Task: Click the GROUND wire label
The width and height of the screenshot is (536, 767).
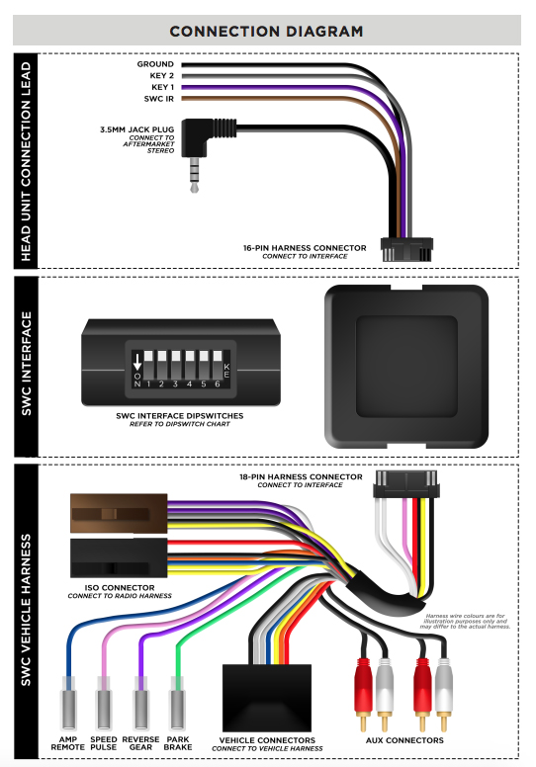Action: click(x=155, y=64)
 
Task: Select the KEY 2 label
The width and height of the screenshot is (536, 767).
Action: click(x=161, y=76)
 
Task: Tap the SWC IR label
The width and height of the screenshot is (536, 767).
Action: click(x=158, y=99)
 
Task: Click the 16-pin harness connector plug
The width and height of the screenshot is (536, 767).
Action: click(x=406, y=249)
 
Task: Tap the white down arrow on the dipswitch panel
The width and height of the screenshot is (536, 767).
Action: click(x=137, y=362)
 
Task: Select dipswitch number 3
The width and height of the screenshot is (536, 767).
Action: click(x=176, y=364)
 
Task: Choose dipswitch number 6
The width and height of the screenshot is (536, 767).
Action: click(x=218, y=364)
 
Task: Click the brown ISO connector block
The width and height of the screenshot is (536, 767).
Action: click(x=119, y=513)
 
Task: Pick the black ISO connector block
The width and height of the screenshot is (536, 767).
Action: click(x=119, y=558)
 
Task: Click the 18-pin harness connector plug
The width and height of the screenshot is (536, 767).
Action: click(x=405, y=484)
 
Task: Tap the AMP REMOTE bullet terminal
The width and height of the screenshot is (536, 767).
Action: click(x=68, y=704)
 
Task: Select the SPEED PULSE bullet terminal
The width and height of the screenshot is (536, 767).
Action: click(x=103, y=704)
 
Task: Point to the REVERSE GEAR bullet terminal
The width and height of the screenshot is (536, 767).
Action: click(x=140, y=704)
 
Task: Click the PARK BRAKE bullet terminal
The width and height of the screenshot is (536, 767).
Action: click(x=177, y=704)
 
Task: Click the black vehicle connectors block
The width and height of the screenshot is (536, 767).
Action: click(x=267, y=698)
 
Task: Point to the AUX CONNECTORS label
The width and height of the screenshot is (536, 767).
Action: click(x=404, y=740)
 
